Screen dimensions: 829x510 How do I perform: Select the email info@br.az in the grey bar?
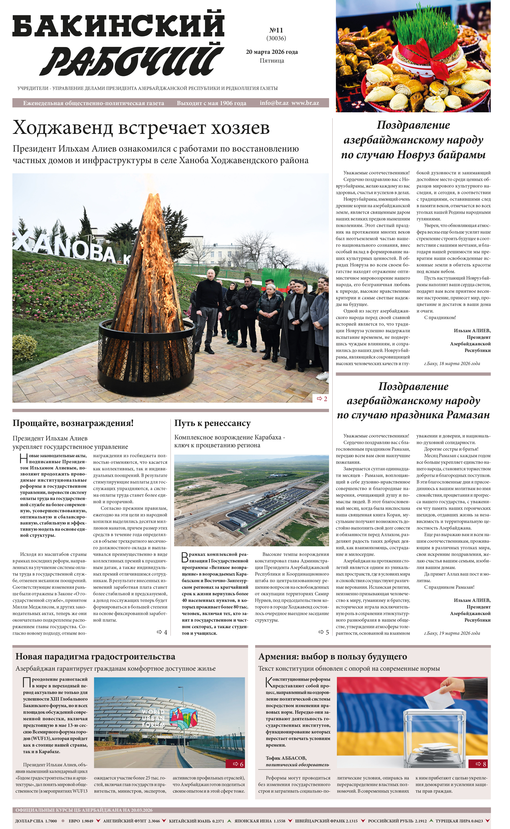coord(274,103)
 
